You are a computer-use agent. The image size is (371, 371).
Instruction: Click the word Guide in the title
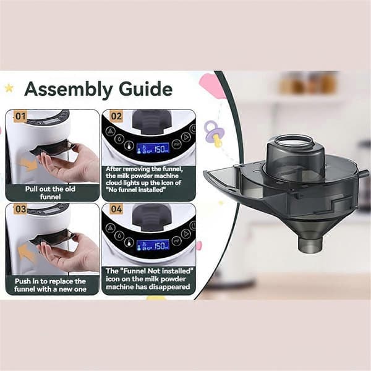(145, 88)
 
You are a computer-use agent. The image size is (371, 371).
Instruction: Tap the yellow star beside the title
(9, 88)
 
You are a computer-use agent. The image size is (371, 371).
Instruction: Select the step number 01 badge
(20, 116)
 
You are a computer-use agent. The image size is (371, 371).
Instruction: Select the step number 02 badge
(116, 116)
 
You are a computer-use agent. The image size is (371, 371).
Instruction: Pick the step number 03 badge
(20, 209)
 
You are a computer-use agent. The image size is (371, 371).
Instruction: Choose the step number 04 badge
(116, 209)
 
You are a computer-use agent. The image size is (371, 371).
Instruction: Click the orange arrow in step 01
(28, 164)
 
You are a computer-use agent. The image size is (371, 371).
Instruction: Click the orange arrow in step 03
(27, 253)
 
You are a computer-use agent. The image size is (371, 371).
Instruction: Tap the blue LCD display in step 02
(153, 149)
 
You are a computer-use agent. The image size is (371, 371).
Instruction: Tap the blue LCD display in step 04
(153, 245)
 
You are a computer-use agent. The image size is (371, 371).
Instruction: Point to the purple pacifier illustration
(214, 134)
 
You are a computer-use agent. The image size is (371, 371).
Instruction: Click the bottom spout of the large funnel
(310, 245)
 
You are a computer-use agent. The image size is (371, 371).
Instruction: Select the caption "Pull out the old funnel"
(50, 192)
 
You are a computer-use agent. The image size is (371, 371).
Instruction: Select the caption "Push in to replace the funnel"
(50, 285)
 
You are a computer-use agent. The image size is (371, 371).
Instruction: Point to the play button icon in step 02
(186, 137)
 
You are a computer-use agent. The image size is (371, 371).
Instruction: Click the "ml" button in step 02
(176, 144)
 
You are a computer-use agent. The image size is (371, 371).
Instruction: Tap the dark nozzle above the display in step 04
(151, 217)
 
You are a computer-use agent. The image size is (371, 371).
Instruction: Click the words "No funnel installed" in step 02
(135, 190)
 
